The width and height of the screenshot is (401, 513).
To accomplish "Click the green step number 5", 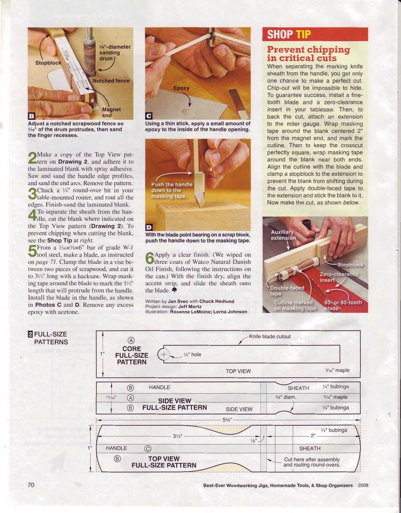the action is [32, 251].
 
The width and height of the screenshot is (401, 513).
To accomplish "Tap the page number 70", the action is [31, 485].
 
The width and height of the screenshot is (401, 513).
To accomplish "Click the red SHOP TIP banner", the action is [315, 34].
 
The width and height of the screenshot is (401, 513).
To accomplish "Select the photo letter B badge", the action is [31, 116].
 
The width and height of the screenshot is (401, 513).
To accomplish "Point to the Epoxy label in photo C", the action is [181, 88].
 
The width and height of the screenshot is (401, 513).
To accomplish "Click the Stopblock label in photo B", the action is [48, 63].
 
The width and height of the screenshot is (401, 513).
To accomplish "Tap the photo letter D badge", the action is [148, 227].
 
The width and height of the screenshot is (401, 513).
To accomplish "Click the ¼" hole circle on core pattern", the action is [164, 354].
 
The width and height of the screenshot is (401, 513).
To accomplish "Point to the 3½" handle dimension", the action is [178, 436].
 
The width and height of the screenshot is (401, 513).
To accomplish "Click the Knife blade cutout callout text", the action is [270, 336].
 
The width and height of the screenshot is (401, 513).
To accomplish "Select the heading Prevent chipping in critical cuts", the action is [309, 54].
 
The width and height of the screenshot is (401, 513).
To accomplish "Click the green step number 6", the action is [149, 258].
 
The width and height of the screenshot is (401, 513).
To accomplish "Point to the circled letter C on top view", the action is [147, 449].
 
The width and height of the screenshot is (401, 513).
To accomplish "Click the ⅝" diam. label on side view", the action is [286, 398].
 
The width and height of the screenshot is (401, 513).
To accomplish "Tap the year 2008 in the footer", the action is [363, 486].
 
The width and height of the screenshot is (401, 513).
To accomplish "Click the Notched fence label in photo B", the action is [111, 81].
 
